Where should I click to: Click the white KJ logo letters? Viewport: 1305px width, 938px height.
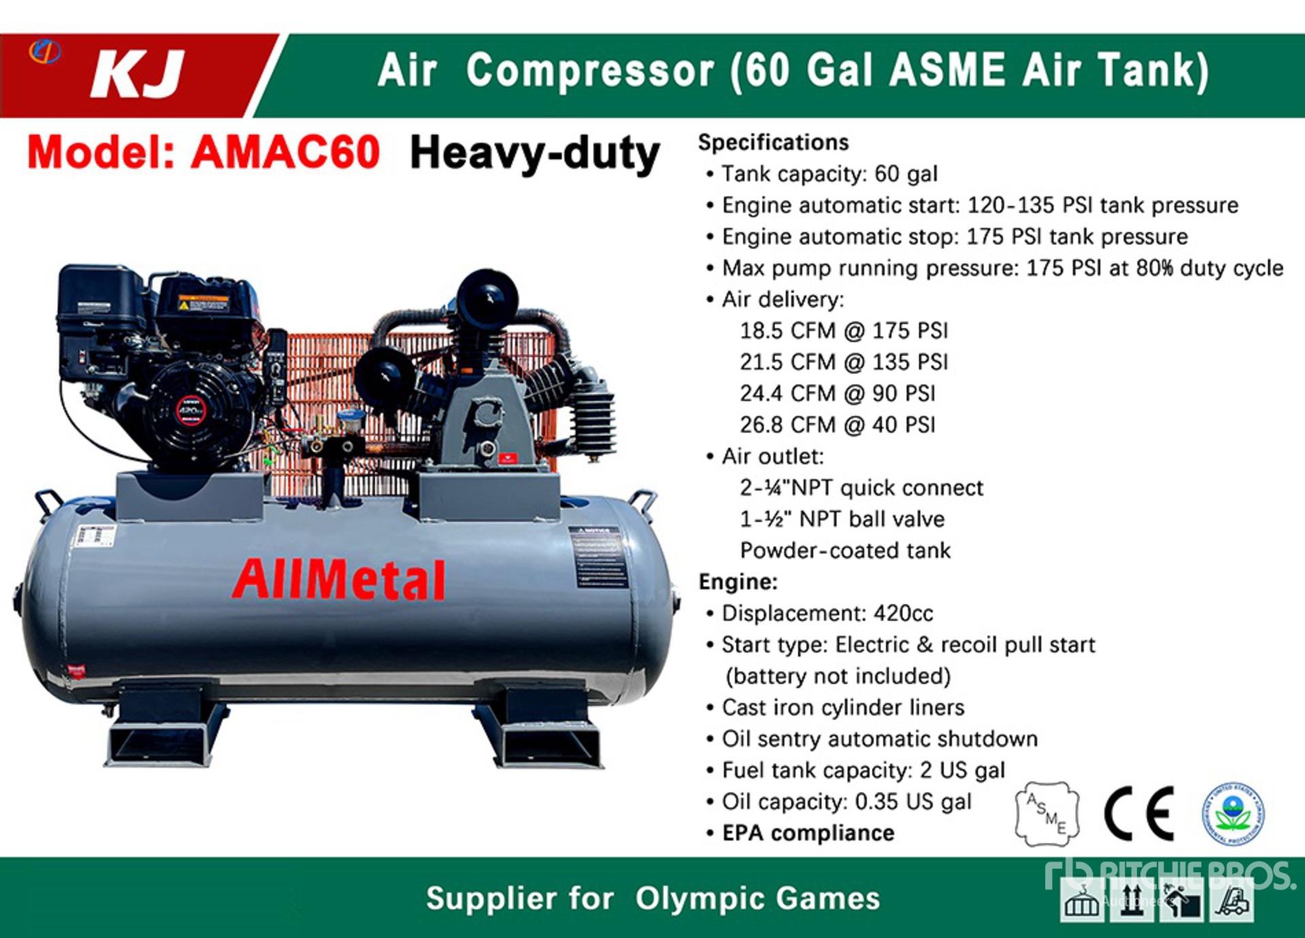[x=138, y=73]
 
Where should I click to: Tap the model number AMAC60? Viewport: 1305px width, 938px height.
[x=286, y=152]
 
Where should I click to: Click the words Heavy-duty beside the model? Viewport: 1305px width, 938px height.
[x=535, y=154]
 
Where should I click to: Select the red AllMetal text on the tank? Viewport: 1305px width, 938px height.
[x=339, y=580]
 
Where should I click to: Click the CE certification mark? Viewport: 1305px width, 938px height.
[x=1139, y=813]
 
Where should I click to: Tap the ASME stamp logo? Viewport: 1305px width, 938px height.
[x=1047, y=814]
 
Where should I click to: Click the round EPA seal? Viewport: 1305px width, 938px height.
[x=1232, y=814]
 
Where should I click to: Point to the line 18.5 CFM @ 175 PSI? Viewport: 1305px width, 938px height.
[x=843, y=331]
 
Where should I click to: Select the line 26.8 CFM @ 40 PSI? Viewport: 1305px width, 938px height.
[x=837, y=425]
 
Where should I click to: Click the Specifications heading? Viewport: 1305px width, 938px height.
[x=773, y=143]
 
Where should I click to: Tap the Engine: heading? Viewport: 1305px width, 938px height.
[x=738, y=582]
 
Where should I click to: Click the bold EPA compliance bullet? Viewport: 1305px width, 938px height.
[x=807, y=833]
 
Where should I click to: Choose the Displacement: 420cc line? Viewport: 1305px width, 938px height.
[x=826, y=613]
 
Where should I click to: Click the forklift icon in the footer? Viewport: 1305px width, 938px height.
[x=1232, y=900]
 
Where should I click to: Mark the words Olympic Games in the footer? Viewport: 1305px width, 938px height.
[x=758, y=899]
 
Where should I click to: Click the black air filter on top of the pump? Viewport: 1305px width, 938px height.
[x=487, y=298]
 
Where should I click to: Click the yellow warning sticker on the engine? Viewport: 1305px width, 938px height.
[x=203, y=302]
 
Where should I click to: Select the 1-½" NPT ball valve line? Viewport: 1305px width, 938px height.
[x=842, y=519]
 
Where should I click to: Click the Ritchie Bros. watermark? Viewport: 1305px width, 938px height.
[x=1170, y=874]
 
